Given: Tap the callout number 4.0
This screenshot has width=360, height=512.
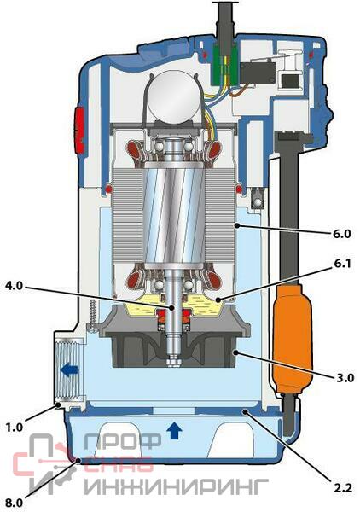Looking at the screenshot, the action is [15, 286].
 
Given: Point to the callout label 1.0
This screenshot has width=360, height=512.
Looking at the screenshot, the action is [15, 428].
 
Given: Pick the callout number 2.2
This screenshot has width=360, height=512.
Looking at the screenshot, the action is [343, 488].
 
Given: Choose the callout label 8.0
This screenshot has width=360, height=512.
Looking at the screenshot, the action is [15, 503].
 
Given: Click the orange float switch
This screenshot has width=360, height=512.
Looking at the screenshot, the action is [292, 338].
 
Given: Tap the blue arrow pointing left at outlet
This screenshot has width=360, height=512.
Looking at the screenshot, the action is [69, 370].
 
